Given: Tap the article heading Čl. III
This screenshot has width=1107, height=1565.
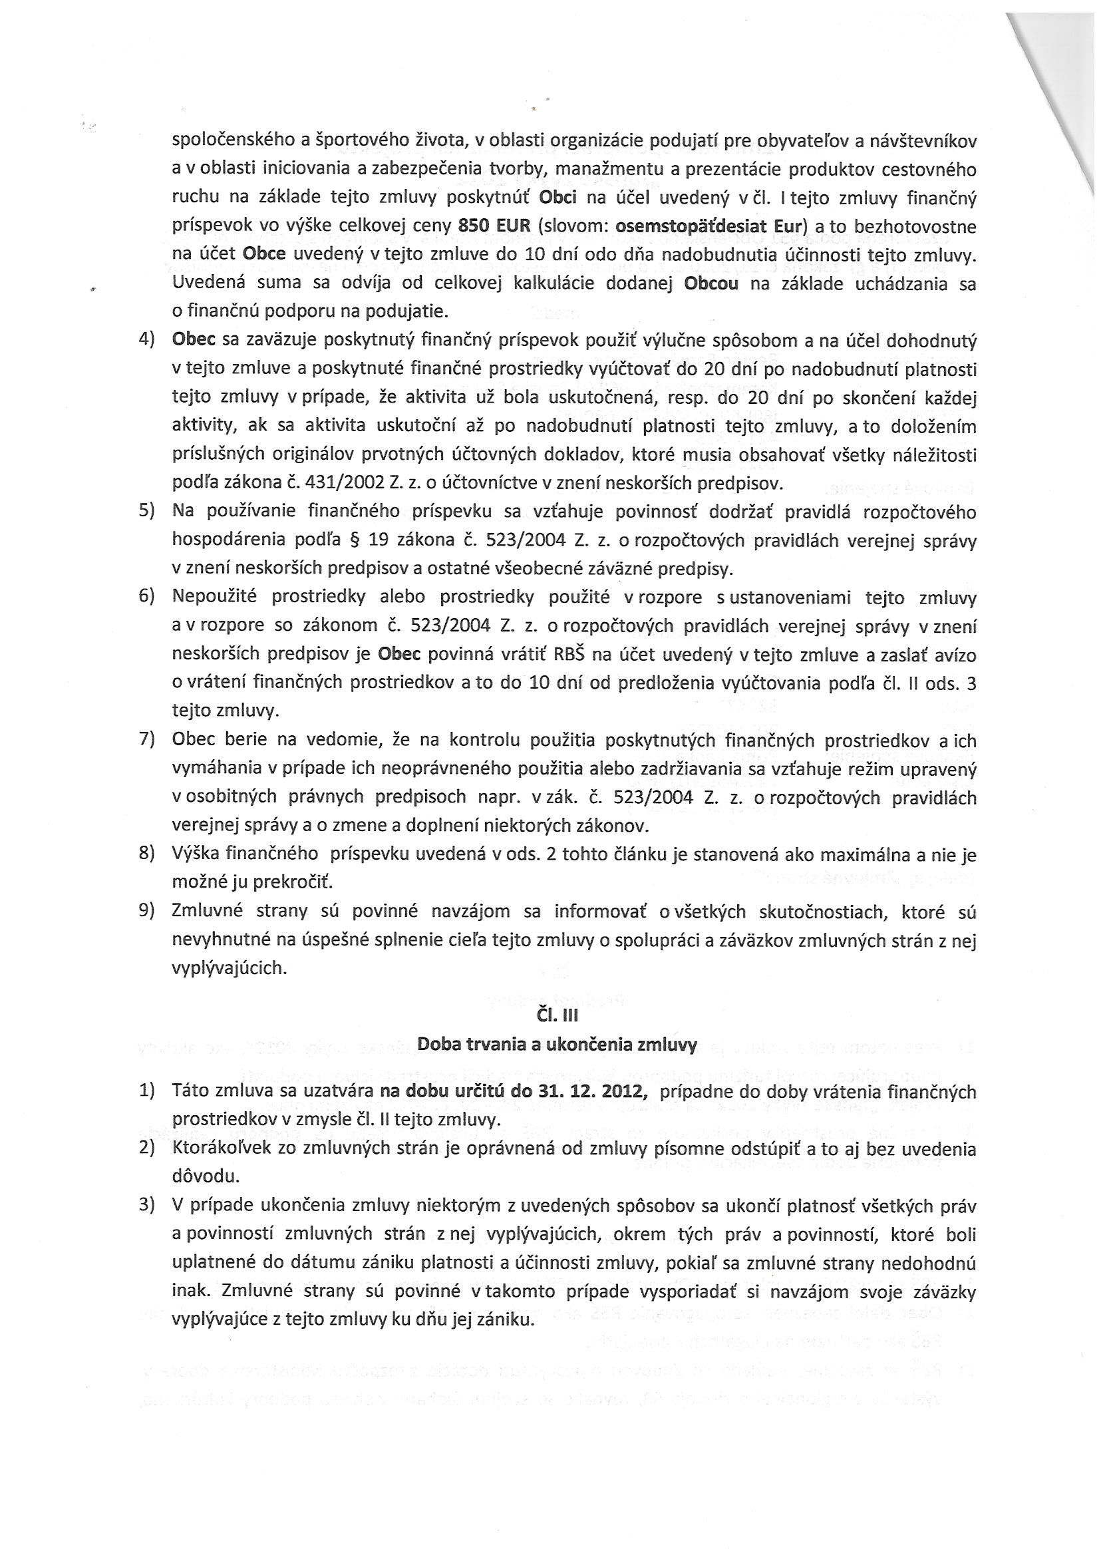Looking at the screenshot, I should (557, 1015).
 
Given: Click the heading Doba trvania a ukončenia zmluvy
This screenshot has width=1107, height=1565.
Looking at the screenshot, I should (557, 1044).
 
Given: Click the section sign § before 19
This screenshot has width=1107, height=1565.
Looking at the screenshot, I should (353, 540).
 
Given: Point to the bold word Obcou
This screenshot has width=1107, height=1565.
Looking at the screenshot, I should (711, 283).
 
